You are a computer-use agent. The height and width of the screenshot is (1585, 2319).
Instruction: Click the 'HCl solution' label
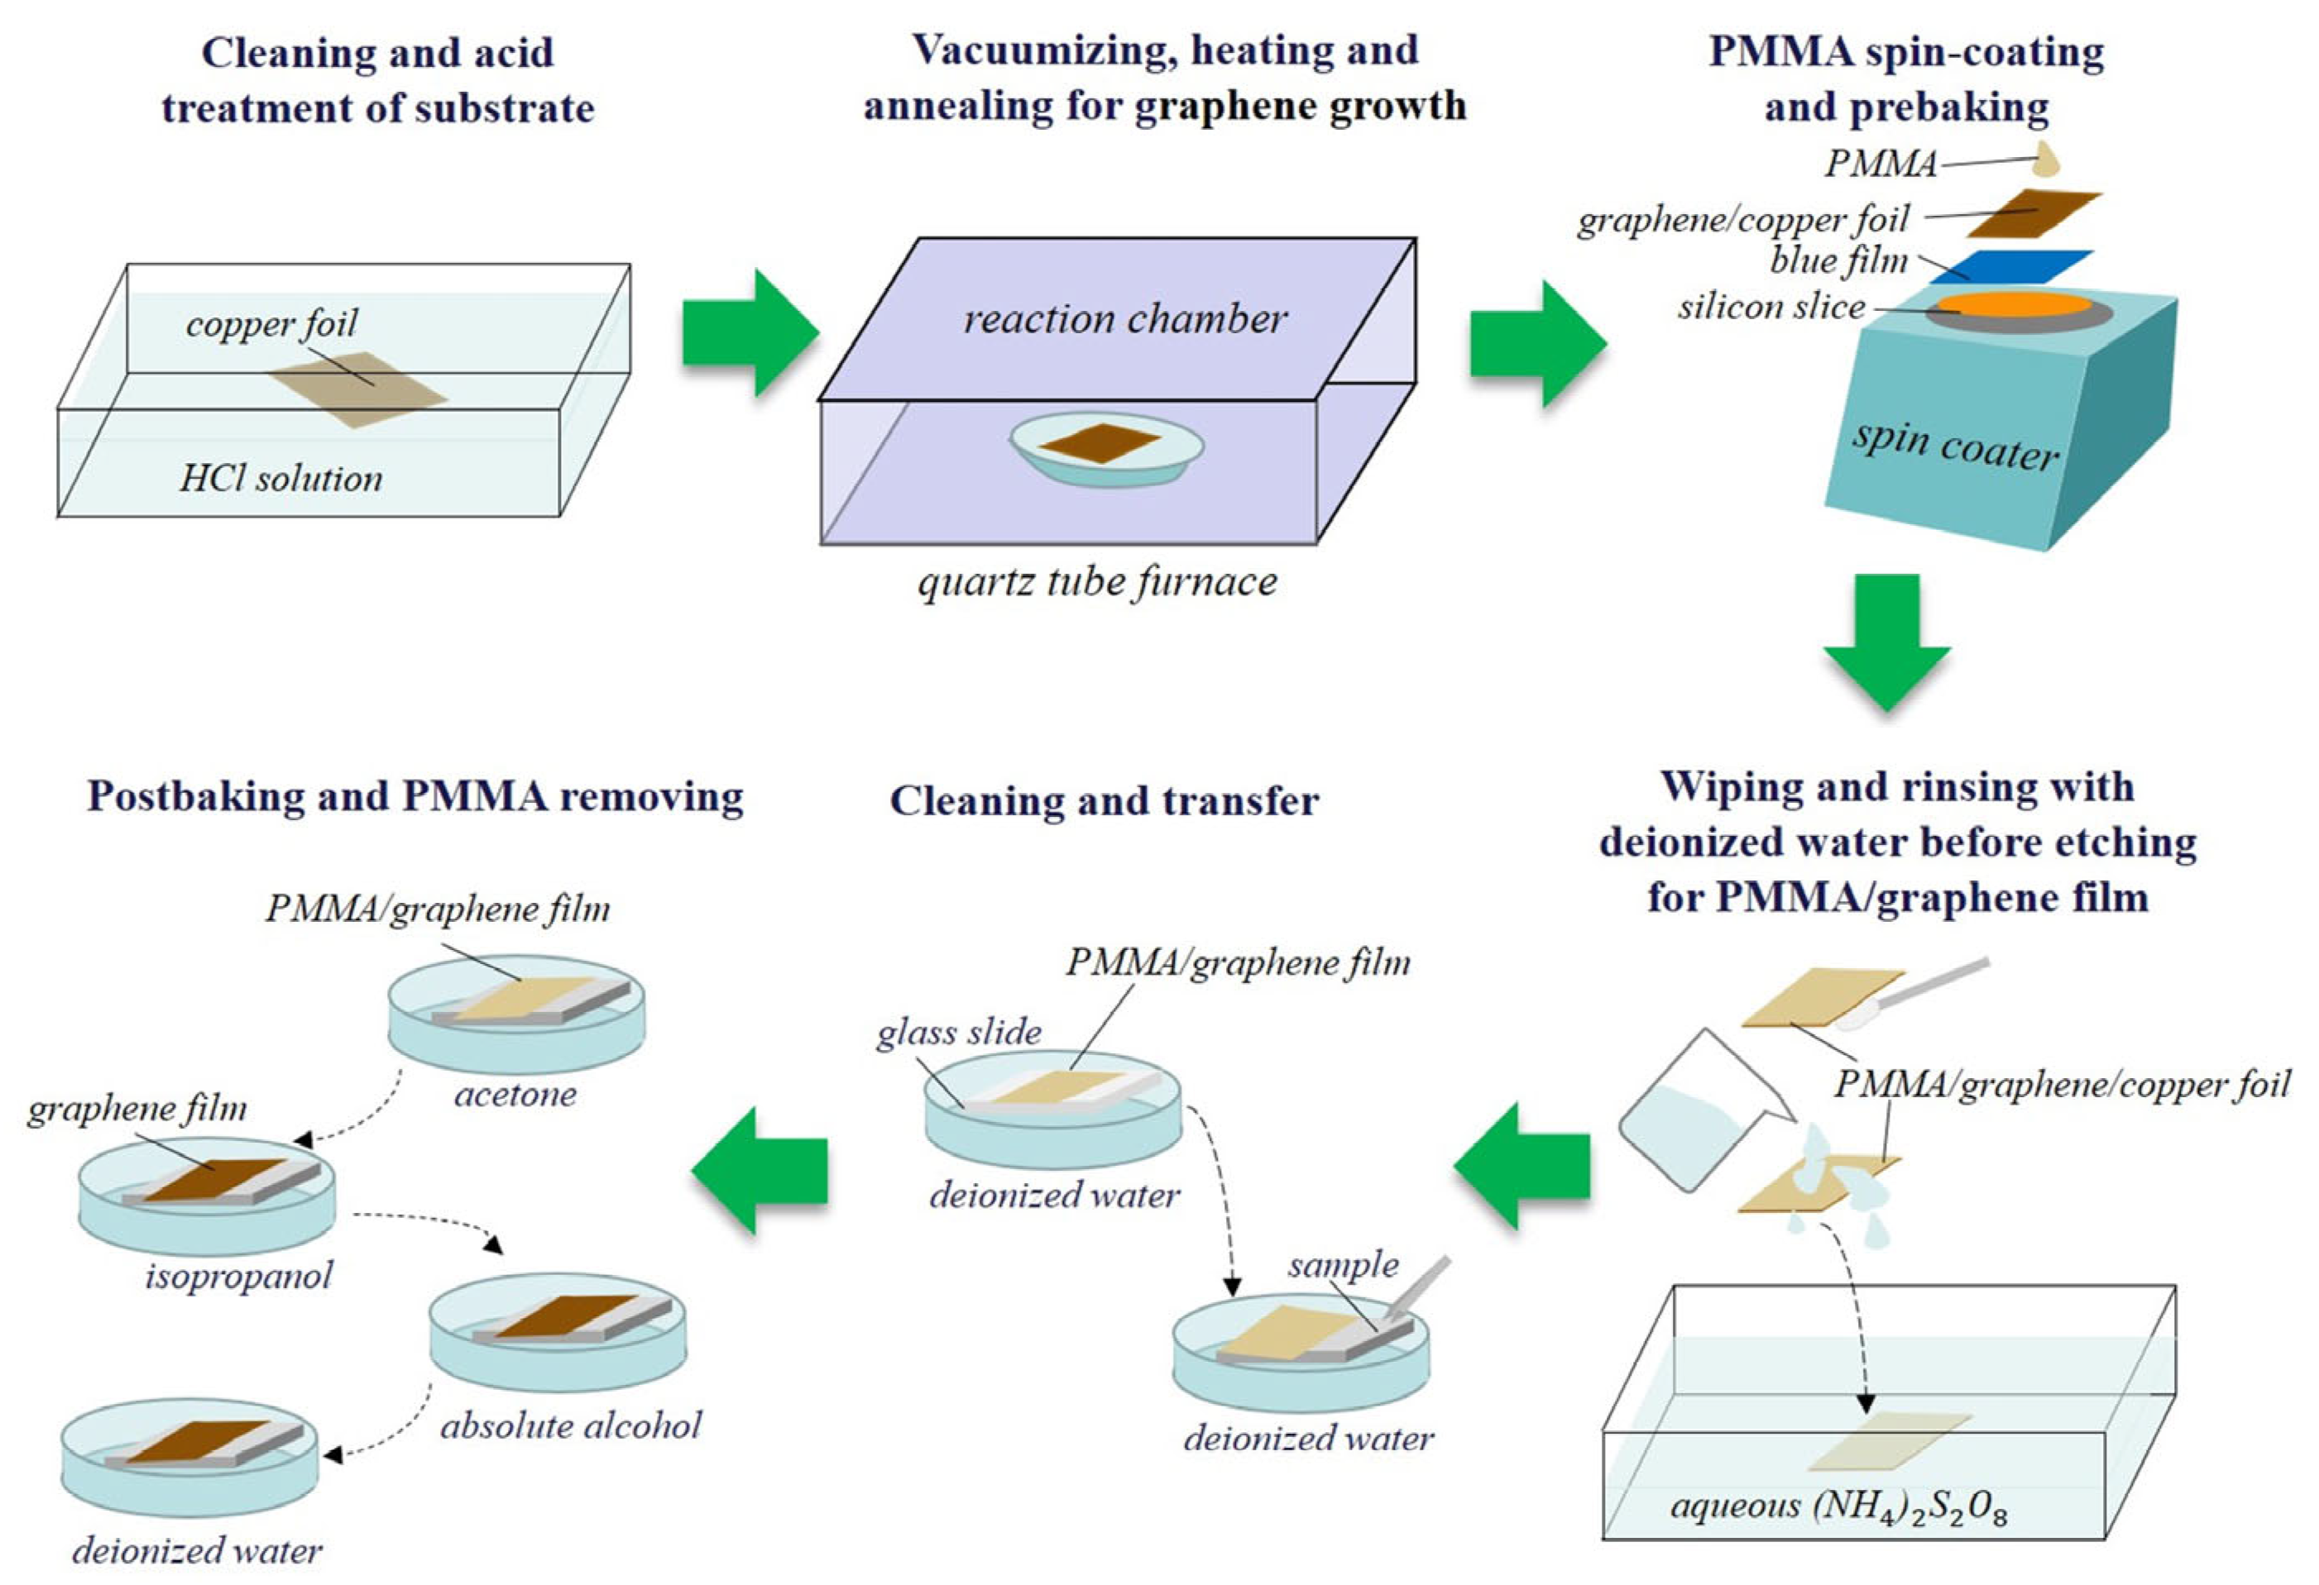(280, 479)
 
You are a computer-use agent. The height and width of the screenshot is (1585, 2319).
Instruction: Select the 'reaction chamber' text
(1124, 319)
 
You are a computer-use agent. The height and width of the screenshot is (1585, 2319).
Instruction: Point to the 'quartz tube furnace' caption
(1097, 581)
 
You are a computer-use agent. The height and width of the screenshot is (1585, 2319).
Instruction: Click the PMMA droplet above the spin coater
(2046, 160)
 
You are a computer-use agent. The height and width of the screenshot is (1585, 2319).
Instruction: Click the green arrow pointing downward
(1886, 638)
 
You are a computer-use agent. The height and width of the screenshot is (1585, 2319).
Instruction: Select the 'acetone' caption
(515, 1094)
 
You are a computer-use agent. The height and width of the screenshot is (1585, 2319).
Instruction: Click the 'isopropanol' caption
(238, 1275)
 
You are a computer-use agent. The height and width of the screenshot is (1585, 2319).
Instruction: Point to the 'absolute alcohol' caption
(571, 1425)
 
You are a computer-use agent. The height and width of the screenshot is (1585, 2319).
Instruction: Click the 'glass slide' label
(959, 1033)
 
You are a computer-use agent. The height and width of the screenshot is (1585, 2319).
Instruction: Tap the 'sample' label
(1342, 1265)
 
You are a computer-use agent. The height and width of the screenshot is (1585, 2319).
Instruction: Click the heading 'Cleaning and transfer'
(1104, 801)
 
